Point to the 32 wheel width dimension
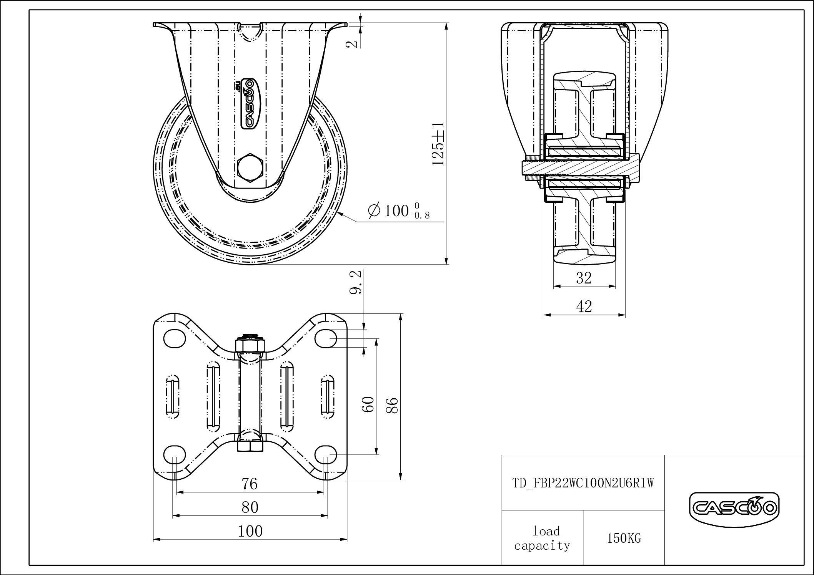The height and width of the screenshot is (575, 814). pyautogui.click(x=584, y=278)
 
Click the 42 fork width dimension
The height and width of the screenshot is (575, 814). pyautogui.click(x=584, y=307)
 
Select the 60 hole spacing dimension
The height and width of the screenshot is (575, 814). pyautogui.click(x=368, y=404)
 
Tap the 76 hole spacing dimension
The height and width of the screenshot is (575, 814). pyautogui.click(x=250, y=484)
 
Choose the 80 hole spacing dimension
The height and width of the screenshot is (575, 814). pyautogui.click(x=250, y=508)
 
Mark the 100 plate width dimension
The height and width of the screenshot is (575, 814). pyautogui.click(x=250, y=532)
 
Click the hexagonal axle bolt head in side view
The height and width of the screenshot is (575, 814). pyautogui.click(x=250, y=167)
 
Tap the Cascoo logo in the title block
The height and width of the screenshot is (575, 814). pyautogui.click(x=734, y=509)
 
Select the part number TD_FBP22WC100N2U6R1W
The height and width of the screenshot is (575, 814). pyautogui.click(x=583, y=483)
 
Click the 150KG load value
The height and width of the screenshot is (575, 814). pyautogui.click(x=624, y=539)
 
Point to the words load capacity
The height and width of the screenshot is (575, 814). pyautogui.click(x=543, y=539)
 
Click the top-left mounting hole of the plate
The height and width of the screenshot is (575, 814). pyautogui.click(x=175, y=338)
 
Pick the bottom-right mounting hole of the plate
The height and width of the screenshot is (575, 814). pyautogui.click(x=326, y=455)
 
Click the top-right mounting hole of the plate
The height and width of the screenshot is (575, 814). pyautogui.click(x=326, y=338)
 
